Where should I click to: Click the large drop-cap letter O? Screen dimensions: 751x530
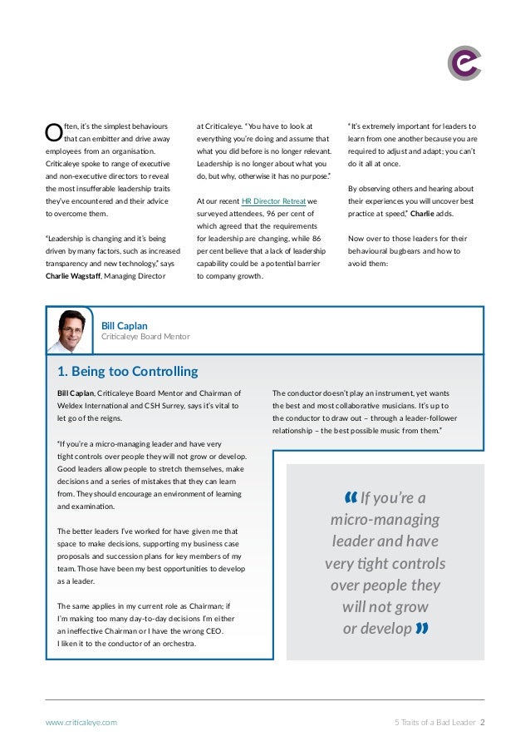point(52,132)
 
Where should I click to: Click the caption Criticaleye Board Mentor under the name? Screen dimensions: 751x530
point(145,337)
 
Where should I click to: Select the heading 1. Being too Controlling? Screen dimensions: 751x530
point(127,371)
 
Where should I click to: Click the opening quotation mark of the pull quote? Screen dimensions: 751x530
point(349,498)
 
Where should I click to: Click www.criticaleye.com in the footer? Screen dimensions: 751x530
point(81,723)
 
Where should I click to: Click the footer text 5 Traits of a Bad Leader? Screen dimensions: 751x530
point(434,723)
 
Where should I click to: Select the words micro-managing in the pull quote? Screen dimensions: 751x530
point(385,521)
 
